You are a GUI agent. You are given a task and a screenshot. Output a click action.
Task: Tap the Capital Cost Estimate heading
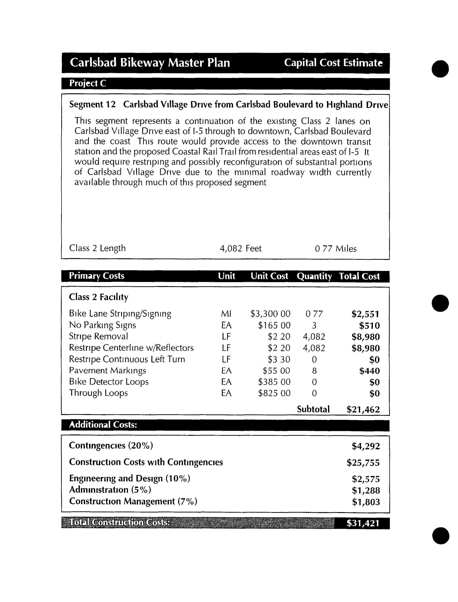[333, 63]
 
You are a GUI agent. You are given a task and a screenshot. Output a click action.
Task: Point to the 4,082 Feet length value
[240, 248]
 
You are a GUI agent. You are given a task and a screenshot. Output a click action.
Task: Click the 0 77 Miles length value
[335, 249]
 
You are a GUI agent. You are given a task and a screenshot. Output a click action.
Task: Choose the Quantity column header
[314, 276]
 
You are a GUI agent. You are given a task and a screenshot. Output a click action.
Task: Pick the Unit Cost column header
[269, 276]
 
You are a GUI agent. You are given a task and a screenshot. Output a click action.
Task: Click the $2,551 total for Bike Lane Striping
[365, 314]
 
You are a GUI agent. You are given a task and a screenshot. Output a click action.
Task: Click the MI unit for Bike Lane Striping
[226, 314]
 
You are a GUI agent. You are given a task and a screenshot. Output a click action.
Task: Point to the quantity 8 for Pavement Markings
[314, 371]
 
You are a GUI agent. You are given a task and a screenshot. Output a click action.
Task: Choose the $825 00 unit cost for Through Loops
[274, 393]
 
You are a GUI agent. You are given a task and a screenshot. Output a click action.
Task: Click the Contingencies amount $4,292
[366, 446]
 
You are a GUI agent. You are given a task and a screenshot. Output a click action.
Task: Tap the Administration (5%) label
[110, 490]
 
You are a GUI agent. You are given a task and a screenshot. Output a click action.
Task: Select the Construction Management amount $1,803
[366, 502]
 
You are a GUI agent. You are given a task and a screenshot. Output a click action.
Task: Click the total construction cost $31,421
[363, 523]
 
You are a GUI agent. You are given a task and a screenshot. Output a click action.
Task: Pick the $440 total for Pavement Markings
[369, 371]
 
